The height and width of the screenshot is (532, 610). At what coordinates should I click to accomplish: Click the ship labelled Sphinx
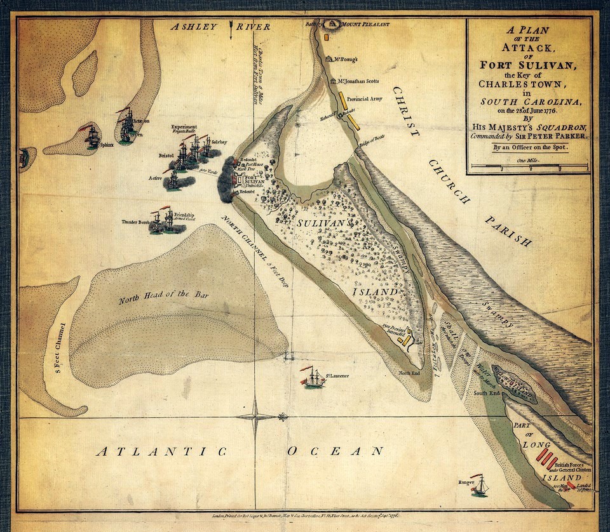click(x=93, y=136)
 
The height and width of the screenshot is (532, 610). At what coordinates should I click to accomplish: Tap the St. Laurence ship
click(x=313, y=378)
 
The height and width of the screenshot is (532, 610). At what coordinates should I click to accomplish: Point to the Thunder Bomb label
click(x=135, y=222)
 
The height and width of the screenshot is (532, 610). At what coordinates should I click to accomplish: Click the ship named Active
click(x=172, y=180)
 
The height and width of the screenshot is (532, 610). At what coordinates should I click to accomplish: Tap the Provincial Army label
click(x=366, y=100)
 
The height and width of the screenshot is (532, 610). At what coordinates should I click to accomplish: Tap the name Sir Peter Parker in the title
click(x=551, y=135)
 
